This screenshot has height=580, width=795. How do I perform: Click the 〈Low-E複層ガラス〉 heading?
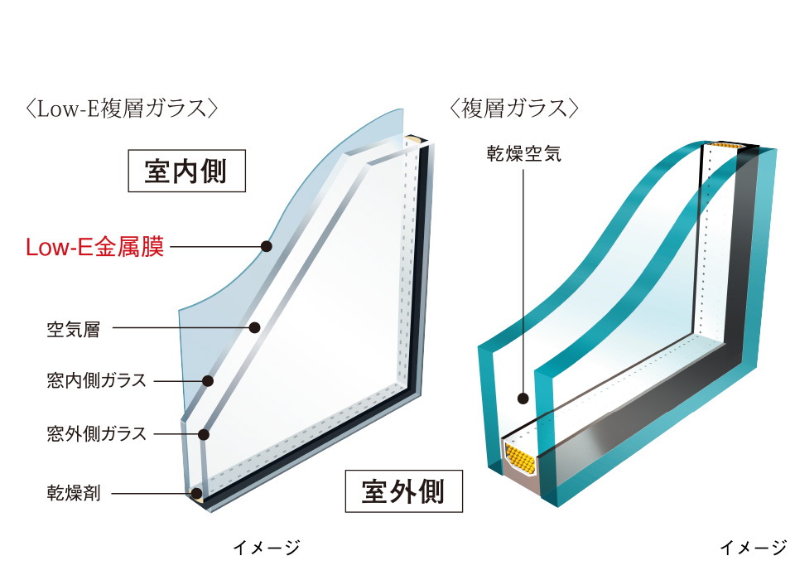[122, 109]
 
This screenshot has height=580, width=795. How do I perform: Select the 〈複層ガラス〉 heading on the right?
[514, 109]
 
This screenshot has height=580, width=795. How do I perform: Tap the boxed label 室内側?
[186, 171]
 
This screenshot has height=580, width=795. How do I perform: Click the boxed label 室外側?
[403, 491]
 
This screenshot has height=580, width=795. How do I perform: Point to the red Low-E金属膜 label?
[94, 247]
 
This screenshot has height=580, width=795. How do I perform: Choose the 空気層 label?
[74, 329]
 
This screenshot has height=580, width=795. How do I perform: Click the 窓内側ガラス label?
[97, 380]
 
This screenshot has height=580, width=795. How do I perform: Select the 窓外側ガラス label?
[97, 434]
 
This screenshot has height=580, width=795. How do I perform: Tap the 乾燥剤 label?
[74, 493]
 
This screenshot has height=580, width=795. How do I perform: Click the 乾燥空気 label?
[523, 152]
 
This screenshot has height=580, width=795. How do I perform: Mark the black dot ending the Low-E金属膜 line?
[266, 247]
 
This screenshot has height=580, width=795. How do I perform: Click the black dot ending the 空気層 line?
[254, 328]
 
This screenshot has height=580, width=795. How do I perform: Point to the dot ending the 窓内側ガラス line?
[207, 380]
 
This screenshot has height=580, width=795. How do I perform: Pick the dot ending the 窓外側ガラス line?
[204, 434]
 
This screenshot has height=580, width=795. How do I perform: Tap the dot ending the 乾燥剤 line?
[196, 493]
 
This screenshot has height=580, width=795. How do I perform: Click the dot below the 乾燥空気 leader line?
[523, 399]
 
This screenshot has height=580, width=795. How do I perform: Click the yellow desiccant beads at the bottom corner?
[521, 458]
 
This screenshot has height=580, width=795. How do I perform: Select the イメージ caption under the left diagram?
[266, 548]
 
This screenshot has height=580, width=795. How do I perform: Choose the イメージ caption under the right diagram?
[754, 548]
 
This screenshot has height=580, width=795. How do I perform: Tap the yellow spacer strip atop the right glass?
[726, 146]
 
